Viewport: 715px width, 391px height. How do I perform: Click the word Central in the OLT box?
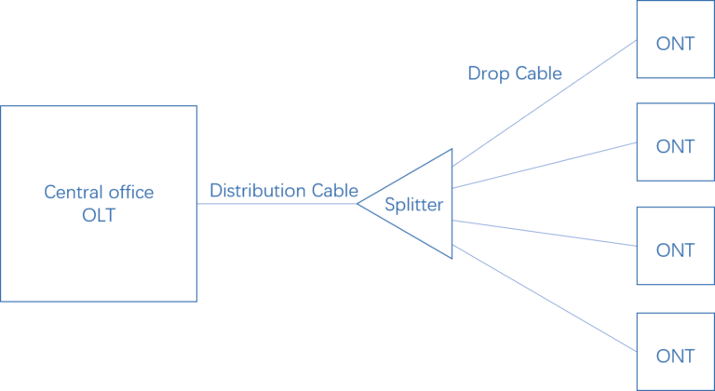[x=69, y=193]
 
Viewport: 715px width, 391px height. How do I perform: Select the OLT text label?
[x=99, y=215]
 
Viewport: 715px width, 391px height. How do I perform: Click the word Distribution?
[x=258, y=190]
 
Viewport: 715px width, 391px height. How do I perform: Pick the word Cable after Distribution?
[x=335, y=190]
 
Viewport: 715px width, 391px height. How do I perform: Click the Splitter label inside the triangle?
[x=413, y=205]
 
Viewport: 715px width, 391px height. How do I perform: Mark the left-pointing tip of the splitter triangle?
[x=357, y=204]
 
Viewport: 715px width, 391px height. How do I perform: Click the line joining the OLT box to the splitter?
[x=277, y=204]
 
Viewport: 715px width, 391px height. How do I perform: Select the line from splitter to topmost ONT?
[x=545, y=103]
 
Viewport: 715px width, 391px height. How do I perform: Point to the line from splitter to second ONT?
[x=545, y=165]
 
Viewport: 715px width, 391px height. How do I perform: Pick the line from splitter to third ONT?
[x=545, y=233]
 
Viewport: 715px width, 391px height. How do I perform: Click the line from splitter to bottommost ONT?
[x=545, y=298]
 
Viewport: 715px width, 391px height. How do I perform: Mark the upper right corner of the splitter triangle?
[x=452, y=149]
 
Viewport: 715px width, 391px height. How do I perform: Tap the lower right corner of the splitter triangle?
[x=452, y=259]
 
